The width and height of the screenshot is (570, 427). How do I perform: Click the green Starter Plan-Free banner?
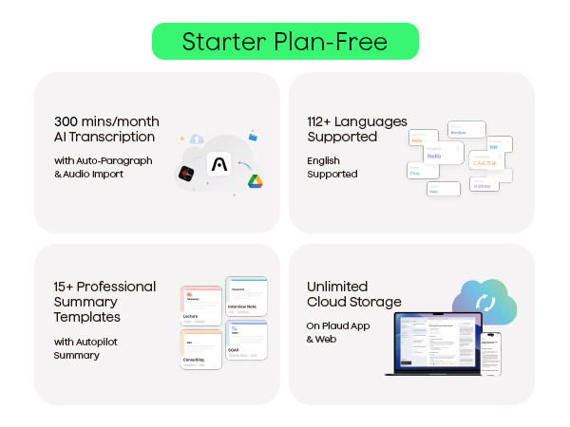[285, 42]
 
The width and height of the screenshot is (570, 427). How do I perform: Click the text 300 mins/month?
[106, 121]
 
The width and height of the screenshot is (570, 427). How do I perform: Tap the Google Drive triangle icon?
[255, 182]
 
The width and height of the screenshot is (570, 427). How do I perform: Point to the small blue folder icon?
[253, 136]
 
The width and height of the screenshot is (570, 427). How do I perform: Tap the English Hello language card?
[435, 158]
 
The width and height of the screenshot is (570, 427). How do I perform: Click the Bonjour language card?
[466, 130]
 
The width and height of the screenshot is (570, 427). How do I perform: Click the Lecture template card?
[200, 306]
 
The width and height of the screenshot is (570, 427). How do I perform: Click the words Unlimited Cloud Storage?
[354, 294]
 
